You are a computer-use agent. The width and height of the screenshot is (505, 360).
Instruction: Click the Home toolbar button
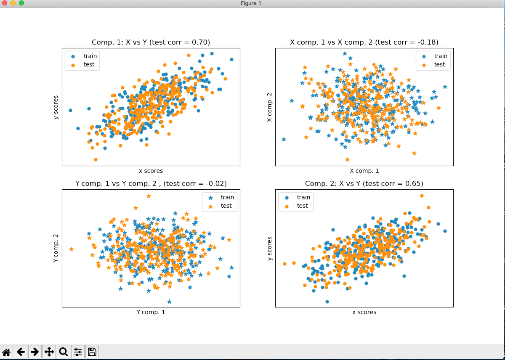pyautogui.click(x=7, y=352)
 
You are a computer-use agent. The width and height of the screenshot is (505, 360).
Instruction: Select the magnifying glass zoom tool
pyautogui.click(x=64, y=352)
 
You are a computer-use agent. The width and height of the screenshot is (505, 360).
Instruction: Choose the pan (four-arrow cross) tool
pyautogui.click(x=49, y=352)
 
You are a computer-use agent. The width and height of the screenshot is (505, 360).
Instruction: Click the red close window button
pyautogui.click(x=5, y=3)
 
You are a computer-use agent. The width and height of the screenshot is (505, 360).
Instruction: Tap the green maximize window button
pyautogui.click(x=21, y=3)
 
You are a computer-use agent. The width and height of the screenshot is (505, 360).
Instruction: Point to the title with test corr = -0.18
pyautogui.click(x=364, y=42)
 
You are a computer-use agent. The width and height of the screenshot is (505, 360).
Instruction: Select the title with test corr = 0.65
pyautogui.click(x=364, y=183)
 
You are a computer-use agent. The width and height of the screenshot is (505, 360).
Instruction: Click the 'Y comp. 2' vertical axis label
pyautogui.click(x=56, y=248)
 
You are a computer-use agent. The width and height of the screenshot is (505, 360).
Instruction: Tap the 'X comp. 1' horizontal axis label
pyautogui.click(x=364, y=171)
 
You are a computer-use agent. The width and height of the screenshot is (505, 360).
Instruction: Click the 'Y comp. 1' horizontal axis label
pyautogui.click(x=151, y=312)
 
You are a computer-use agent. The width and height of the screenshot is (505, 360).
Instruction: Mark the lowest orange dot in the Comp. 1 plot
pyautogui.click(x=96, y=159)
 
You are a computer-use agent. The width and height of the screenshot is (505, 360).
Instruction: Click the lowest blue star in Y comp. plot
pyautogui.click(x=169, y=302)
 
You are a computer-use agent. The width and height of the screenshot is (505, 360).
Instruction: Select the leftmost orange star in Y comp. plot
pyautogui.click(x=71, y=249)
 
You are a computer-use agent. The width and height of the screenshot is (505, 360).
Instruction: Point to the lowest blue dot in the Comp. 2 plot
pyautogui.click(x=327, y=302)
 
